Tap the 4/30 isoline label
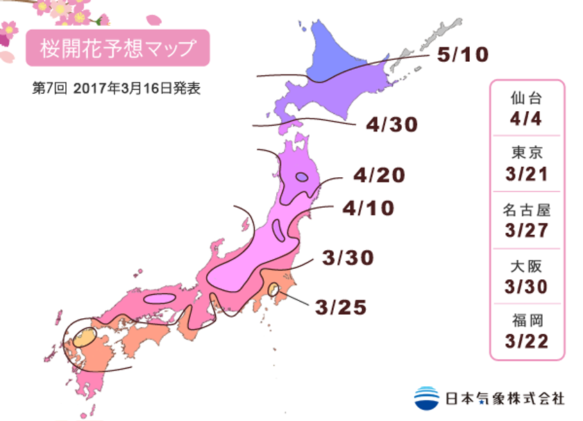(x=392, y=125)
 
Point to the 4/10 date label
(x=368, y=208)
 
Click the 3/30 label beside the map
(x=348, y=258)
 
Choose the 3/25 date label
(x=341, y=306)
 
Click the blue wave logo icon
(x=426, y=397)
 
